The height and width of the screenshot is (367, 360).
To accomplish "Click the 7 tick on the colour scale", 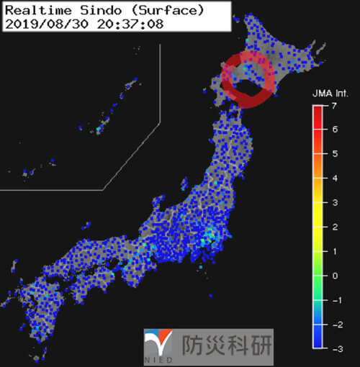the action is (x=335, y=106).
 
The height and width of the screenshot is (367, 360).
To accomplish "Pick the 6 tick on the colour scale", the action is (x=335, y=130).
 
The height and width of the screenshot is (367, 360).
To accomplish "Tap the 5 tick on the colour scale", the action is (x=335, y=154).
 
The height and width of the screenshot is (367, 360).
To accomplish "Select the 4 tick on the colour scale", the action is (x=335, y=178).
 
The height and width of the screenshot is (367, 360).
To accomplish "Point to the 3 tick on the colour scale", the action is (x=335, y=203).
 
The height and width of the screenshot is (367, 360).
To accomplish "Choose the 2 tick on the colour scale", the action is (x=335, y=227).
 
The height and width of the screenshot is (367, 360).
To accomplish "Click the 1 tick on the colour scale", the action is (x=335, y=251).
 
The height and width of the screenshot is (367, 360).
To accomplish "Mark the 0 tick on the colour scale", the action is (x=335, y=276).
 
